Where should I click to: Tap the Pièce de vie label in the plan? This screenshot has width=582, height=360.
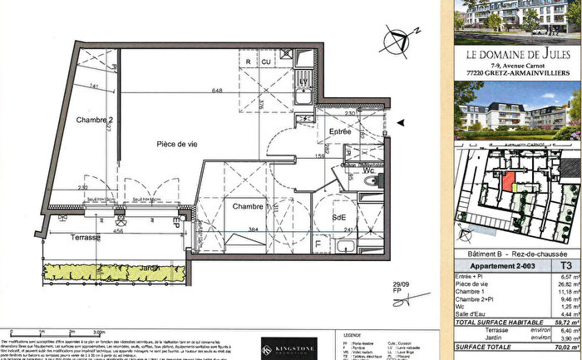click(180, 145)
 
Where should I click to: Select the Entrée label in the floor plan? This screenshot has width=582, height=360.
click(339, 131)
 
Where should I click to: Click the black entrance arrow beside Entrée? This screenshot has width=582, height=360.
click(402, 123)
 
